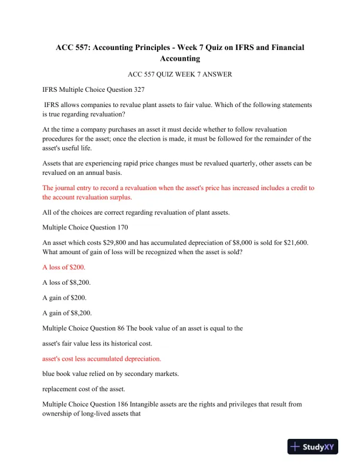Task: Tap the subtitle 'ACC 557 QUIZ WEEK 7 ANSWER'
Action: click(179, 75)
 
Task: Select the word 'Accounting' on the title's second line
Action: click(179, 58)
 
